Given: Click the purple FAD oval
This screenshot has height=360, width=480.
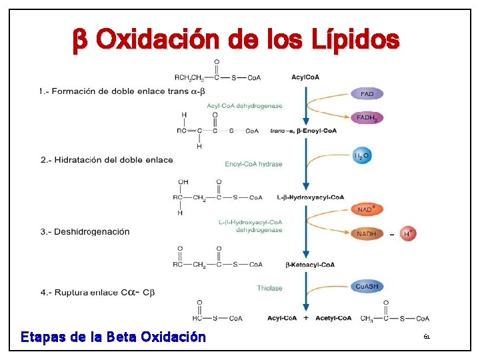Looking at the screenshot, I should click(367, 94).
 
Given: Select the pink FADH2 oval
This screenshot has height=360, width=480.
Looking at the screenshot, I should click(367, 118).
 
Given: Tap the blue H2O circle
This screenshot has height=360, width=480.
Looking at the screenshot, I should click(361, 156).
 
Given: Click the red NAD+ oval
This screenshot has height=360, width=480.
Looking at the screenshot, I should click(367, 210).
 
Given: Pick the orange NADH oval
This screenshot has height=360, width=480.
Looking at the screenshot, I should click(367, 234).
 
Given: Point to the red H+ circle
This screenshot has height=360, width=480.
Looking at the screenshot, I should click(409, 233).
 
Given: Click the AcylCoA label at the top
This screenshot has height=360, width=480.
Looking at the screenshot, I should click(305, 77).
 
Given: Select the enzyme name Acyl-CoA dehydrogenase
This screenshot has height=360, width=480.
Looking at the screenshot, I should click(244, 106).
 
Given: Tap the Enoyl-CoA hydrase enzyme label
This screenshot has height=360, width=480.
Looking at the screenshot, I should click(253, 164).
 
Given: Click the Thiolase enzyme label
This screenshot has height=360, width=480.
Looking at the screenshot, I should click(269, 288).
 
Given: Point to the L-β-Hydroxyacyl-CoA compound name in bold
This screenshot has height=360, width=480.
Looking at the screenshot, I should click(310, 197).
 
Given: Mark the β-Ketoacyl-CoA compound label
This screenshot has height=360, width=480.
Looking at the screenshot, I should click(310, 265).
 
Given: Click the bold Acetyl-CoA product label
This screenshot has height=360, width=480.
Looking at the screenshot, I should click(333, 318).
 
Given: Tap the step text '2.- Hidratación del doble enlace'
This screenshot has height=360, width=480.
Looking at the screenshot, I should click(107, 160).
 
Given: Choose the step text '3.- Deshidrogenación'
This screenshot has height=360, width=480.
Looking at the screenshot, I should click(85, 232).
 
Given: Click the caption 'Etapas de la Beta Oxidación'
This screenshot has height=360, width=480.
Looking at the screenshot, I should click(113, 337).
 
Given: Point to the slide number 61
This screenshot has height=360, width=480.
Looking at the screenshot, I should click(427, 337).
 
